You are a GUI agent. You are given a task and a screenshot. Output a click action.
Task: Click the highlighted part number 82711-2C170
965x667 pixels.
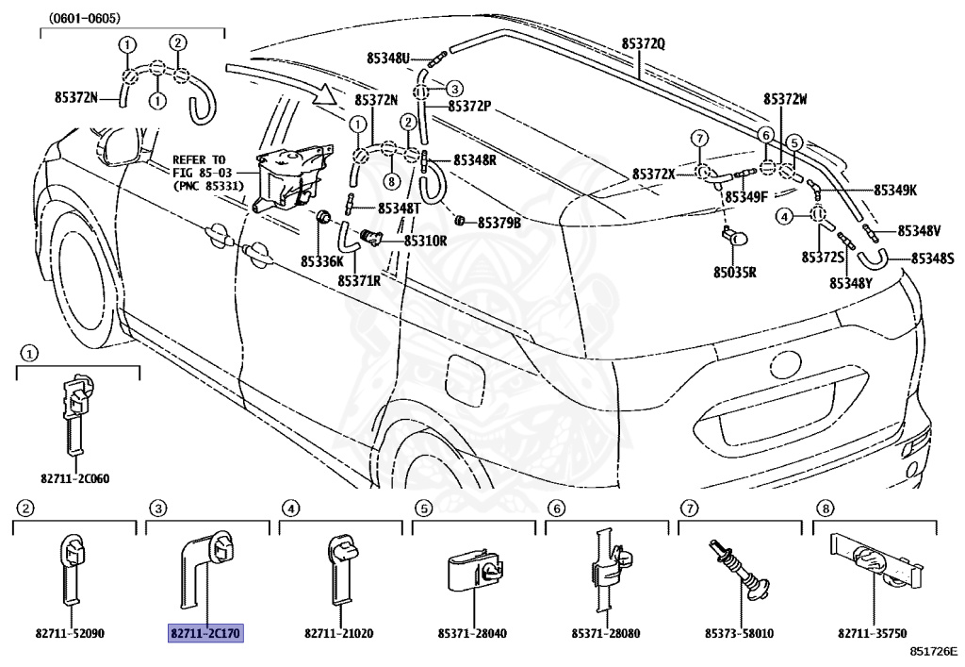[x=205, y=634]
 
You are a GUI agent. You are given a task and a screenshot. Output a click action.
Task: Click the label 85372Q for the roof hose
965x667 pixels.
[x=643, y=43]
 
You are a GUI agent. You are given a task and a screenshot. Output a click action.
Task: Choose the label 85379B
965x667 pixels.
[x=499, y=223]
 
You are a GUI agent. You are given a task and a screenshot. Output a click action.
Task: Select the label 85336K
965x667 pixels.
[x=322, y=260]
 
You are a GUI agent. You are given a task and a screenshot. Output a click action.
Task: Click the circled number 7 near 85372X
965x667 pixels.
[x=698, y=139]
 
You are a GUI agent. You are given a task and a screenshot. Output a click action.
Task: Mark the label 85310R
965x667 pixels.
[x=425, y=241]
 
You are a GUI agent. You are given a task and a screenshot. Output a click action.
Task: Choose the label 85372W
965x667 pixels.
[x=786, y=99]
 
